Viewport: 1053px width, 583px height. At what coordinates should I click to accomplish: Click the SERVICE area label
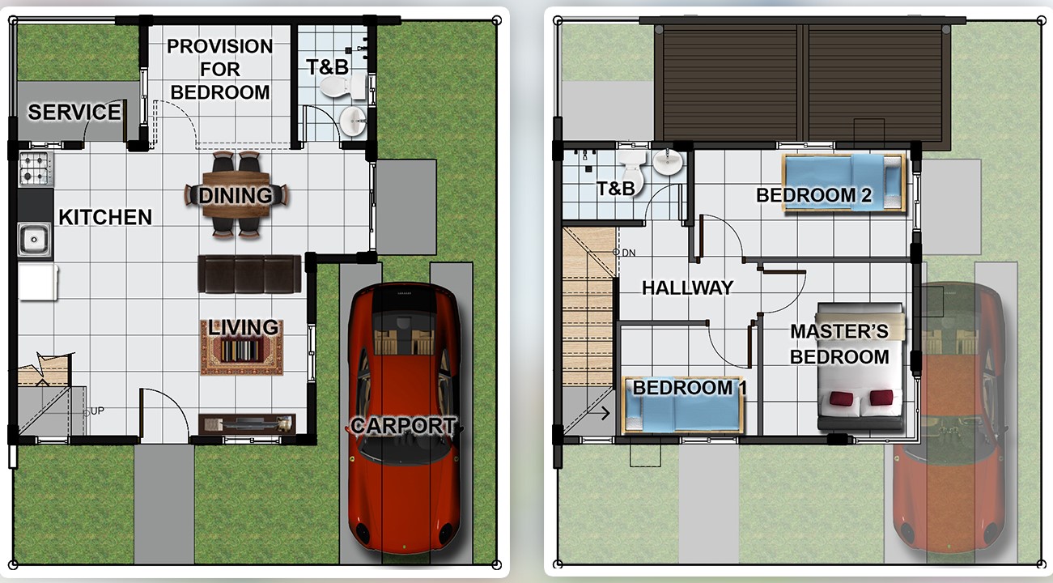pyautogui.click(x=74, y=112)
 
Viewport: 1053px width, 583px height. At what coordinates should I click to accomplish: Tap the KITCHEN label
pyautogui.click(x=105, y=217)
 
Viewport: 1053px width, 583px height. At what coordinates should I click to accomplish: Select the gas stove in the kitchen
pyautogui.click(x=36, y=168)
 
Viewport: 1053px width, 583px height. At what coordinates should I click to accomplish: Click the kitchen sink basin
pyautogui.click(x=34, y=240)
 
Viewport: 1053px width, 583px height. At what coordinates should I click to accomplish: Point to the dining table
pyautogui.click(x=236, y=194)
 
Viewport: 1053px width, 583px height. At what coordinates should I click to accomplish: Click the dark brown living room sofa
pyautogui.click(x=249, y=274)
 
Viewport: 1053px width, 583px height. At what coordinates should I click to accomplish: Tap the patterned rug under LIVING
pyautogui.click(x=242, y=348)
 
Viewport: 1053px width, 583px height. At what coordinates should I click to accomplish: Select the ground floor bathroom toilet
pyautogui.click(x=342, y=86)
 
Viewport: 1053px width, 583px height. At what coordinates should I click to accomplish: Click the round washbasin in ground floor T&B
pyautogui.click(x=352, y=121)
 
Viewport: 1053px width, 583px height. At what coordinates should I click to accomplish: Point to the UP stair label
pyautogui.click(x=97, y=411)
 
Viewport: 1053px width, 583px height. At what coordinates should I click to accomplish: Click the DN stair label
pyautogui.click(x=629, y=253)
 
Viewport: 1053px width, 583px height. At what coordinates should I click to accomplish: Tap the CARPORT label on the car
pyautogui.click(x=403, y=426)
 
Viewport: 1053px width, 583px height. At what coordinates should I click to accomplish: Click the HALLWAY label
pyautogui.click(x=687, y=287)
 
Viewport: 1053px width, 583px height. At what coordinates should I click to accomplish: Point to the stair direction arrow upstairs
pyautogui.click(x=605, y=413)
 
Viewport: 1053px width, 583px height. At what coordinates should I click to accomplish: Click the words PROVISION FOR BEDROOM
pyautogui.click(x=220, y=69)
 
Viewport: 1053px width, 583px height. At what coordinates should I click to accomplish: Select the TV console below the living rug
pyautogui.click(x=248, y=424)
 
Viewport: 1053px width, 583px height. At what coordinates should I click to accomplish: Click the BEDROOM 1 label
pyautogui.click(x=690, y=388)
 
